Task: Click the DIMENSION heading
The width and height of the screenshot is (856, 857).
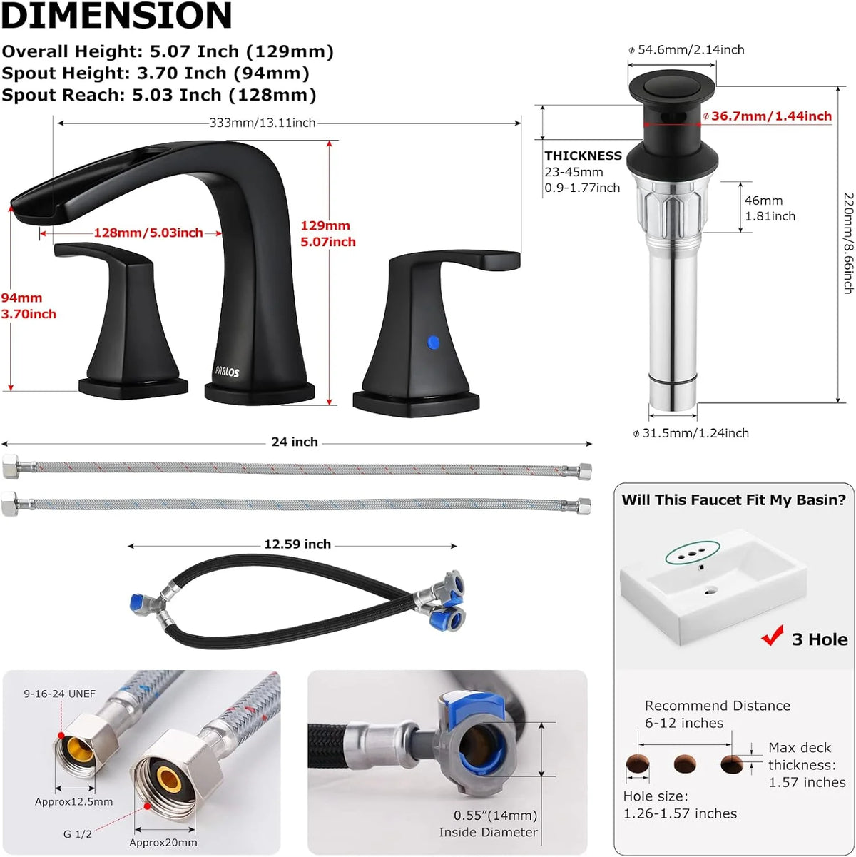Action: coord(116,15)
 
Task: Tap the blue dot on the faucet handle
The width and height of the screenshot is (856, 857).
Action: coord(433,343)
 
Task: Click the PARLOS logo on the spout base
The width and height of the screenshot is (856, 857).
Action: coord(228,371)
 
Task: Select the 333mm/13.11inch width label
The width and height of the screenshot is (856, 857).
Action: coord(263,123)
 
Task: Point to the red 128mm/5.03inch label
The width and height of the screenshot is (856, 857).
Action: coord(148,233)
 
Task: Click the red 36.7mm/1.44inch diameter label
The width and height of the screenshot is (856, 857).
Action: coord(771,116)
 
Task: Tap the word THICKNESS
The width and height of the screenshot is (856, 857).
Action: coord(584,156)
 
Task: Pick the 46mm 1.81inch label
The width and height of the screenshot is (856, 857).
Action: coord(770,208)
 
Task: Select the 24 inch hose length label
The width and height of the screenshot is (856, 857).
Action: coord(295,442)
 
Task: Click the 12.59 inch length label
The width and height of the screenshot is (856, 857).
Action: coord(297,544)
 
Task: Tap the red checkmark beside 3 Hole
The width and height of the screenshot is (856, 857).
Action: coord(773,635)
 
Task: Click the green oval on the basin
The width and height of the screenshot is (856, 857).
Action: coord(693,552)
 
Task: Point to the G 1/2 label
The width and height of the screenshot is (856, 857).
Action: coord(77,834)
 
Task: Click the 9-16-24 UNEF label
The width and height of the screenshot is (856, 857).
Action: coord(60,694)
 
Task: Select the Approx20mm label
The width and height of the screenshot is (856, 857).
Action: coord(163,842)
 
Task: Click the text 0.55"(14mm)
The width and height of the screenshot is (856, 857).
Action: coord(495,815)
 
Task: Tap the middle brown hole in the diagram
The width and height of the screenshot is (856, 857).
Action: coord(685,764)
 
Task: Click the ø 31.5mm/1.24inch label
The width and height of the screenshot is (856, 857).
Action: coord(691,432)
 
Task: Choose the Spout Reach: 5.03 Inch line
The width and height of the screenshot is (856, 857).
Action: coord(159,95)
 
